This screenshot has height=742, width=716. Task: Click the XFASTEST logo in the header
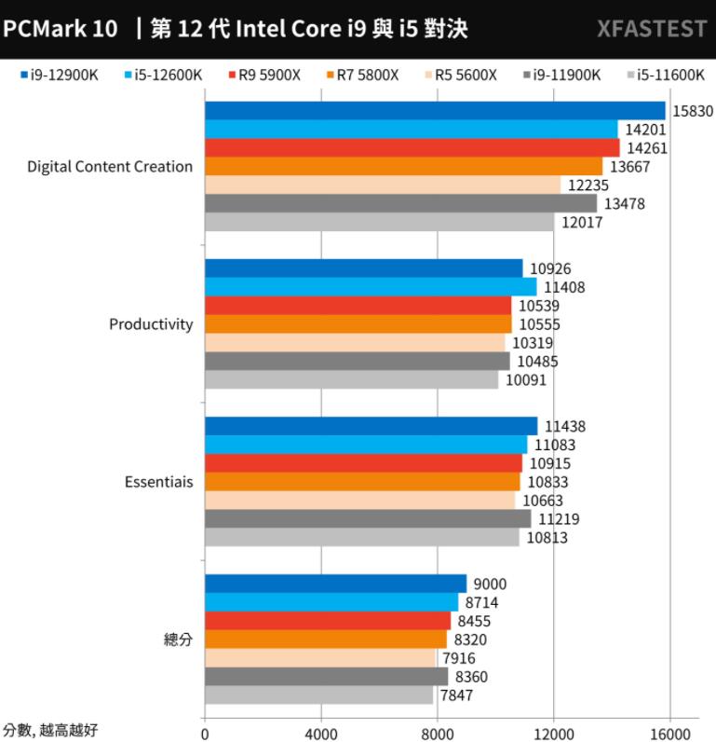click(x=651, y=29)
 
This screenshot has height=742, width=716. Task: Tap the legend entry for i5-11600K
click(x=665, y=75)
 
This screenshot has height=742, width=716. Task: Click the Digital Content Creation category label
click(x=110, y=167)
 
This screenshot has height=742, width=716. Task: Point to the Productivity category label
click(x=151, y=324)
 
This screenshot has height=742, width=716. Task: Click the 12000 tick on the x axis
click(x=554, y=732)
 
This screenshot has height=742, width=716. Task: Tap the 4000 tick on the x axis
click(x=321, y=732)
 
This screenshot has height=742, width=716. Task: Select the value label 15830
click(x=692, y=111)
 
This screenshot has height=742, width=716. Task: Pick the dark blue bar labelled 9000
click(x=335, y=584)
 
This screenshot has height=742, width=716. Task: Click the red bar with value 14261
click(x=412, y=147)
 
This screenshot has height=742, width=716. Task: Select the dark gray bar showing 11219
click(x=368, y=518)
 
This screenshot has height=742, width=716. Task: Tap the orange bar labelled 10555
click(x=358, y=323)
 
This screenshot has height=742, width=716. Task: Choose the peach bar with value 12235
click(x=382, y=185)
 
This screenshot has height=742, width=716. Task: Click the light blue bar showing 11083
click(x=366, y=445)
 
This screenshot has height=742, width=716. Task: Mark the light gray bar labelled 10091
click(x=351, y=379)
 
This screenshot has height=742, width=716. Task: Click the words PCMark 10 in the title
click(x=61, y=29)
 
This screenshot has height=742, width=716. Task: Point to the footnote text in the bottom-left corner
click(x=50, y=730)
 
